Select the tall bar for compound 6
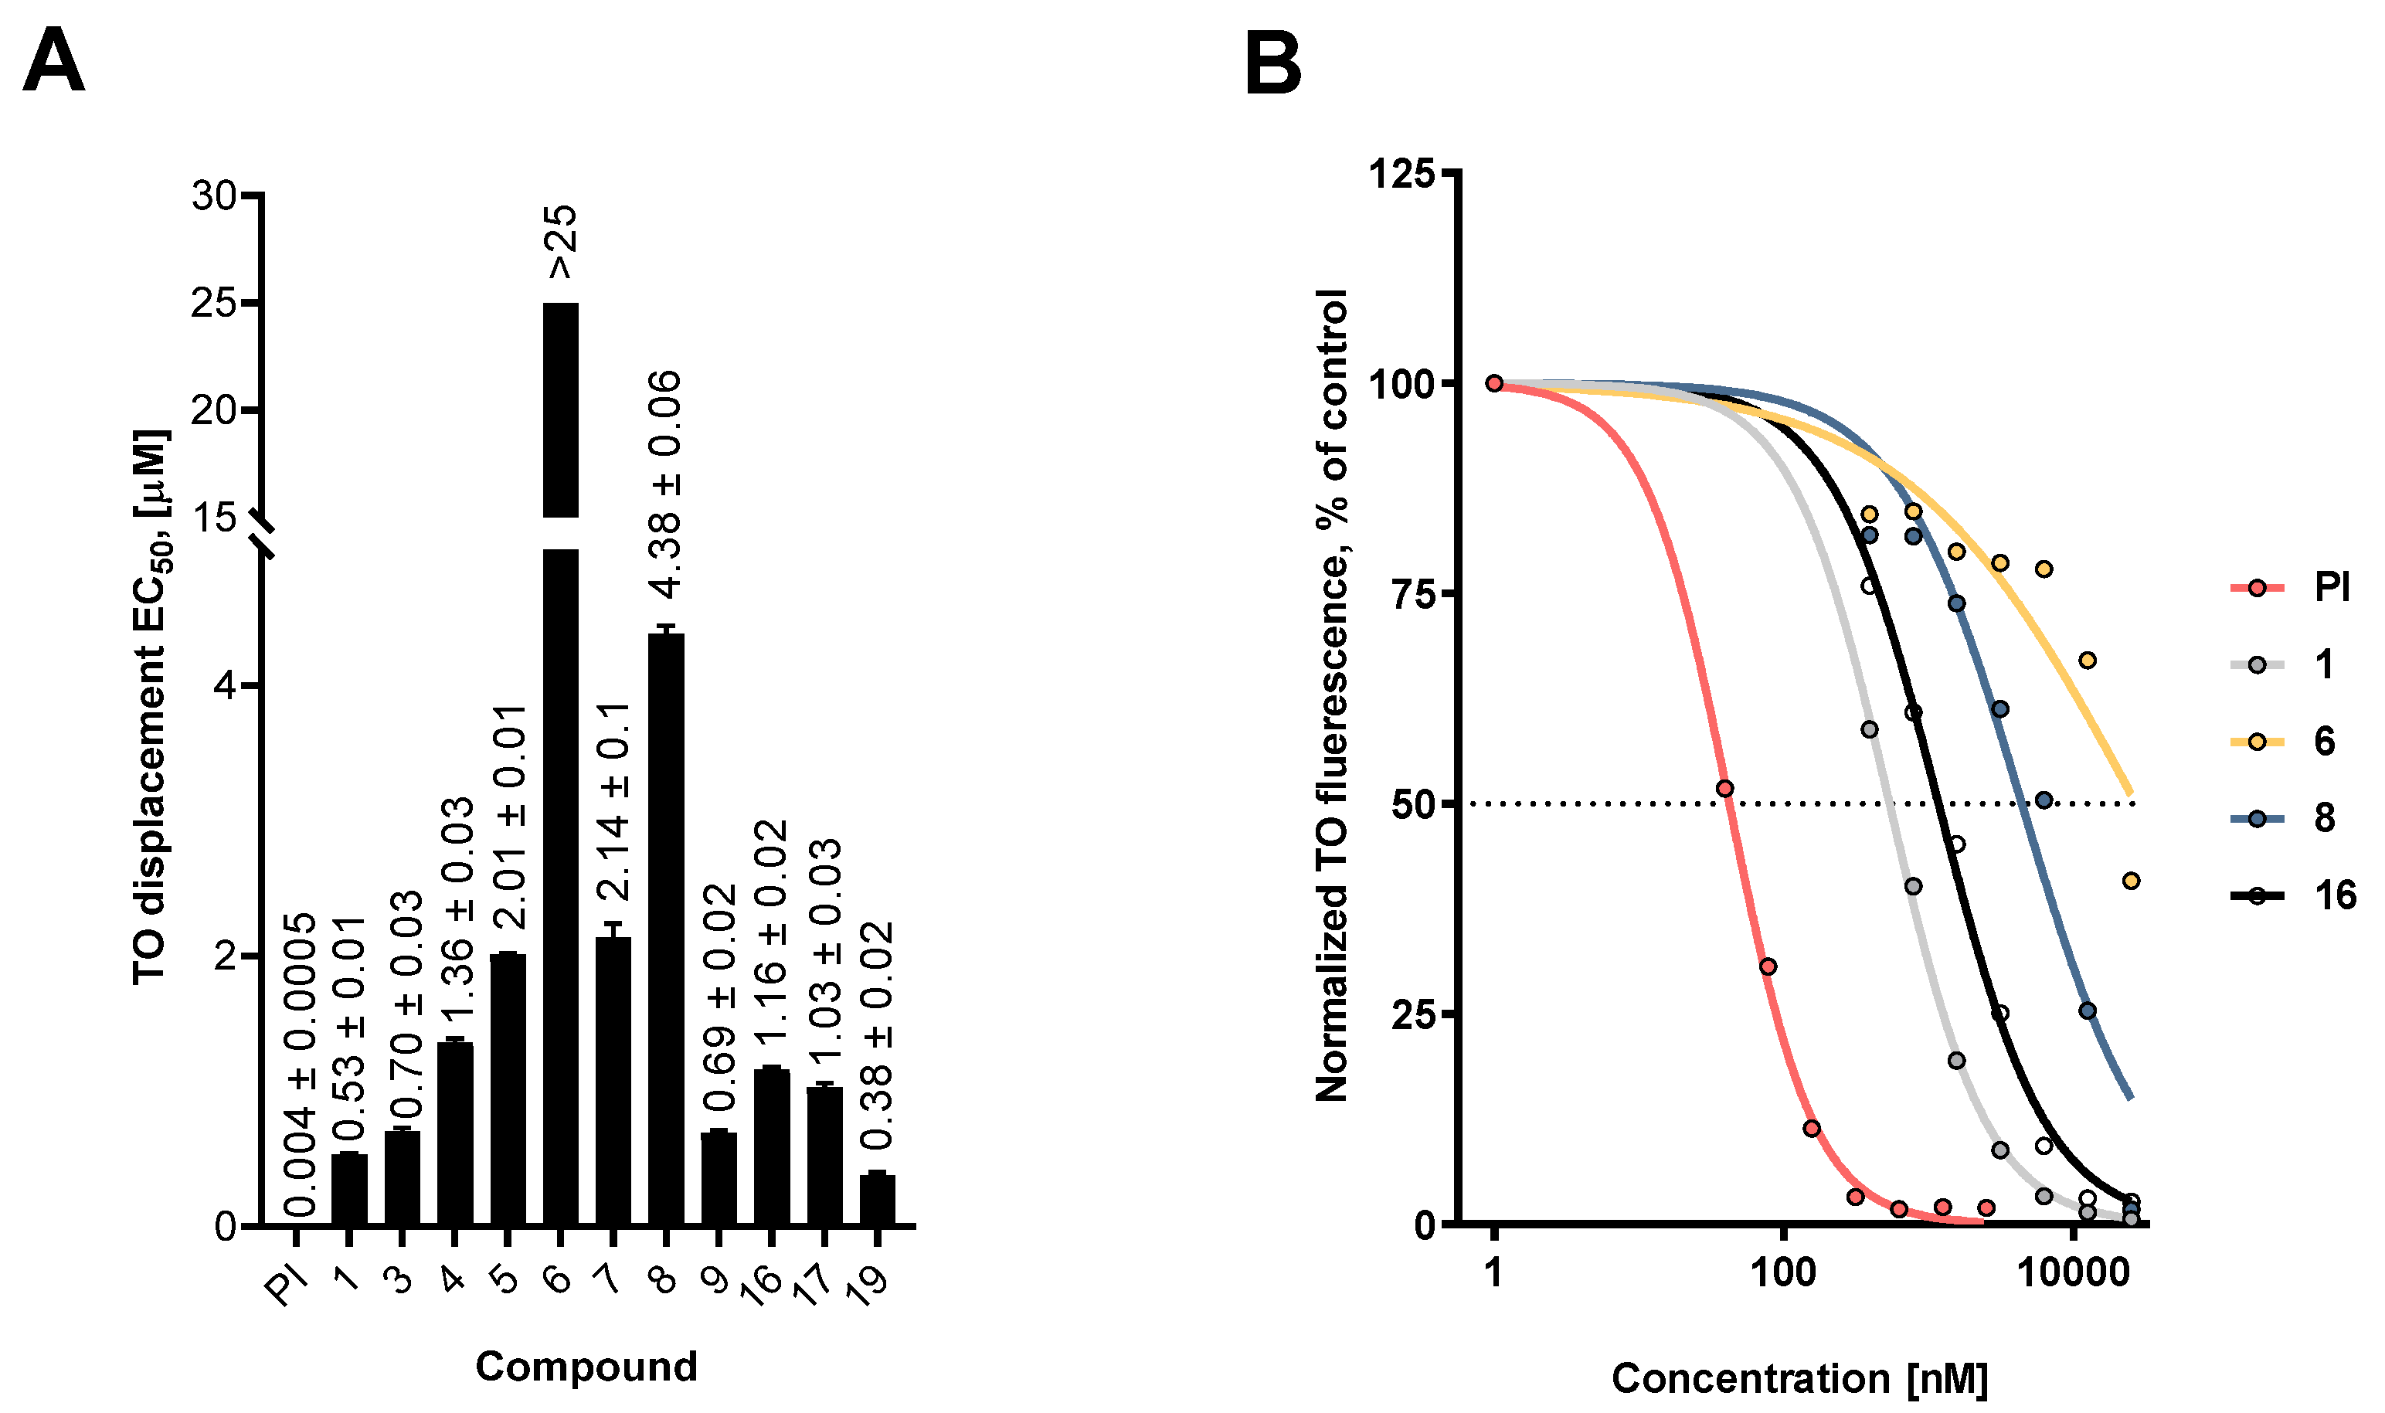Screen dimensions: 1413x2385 [x=561, y=762]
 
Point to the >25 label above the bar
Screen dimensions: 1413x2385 [x=561, y=242]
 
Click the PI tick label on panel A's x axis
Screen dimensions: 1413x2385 [x=286, y=1286]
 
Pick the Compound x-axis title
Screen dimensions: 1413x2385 [x=586, y=1367]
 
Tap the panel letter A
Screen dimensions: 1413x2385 [x=53, y=61]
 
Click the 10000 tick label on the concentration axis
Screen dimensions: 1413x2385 [x=2073, y=1271]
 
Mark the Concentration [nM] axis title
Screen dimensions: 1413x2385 [x=1799, y=1377]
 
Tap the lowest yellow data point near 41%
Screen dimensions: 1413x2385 [x=2131, y=881]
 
